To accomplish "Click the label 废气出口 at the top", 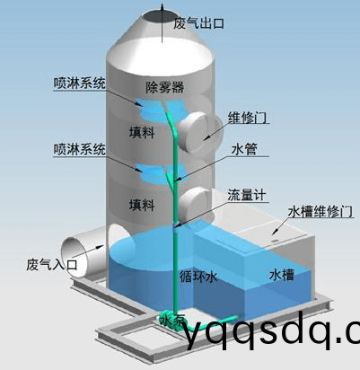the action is pyautogui.click(x=199, y=23).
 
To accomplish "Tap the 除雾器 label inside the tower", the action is pyautogui.click(x=164, y=87).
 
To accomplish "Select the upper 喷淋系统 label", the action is pyautogui.click(x=79, y=83).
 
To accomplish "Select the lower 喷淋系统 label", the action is pyautogui.click(x=79, y=149).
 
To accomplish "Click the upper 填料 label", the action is pyautogui.click(x=142, y=132).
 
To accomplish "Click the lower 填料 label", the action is pyautogui.click(x=142, y=206).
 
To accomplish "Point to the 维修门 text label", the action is pyautogui.click(x=247, y=118).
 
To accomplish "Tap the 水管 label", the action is pyautogui.click(x=244, y=149).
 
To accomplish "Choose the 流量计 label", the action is pyautogui.click(x=247, y=195).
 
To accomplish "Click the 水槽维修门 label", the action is pyautogui.click(x=320, y=212).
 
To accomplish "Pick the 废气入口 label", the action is pyautogui.click(x=52, y=265).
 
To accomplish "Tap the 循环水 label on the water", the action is pyautogui.click(x=198, y=277).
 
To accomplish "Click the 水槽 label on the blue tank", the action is pyautogui.click(x=282, y=275).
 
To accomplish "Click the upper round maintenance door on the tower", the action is pyautogui.click(x=201, y=132).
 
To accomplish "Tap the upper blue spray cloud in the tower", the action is pyautogui.click(x=161, y=110).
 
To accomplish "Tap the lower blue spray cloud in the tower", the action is pyautogui.click(x=161, y=173).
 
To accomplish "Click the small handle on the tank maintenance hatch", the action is pyautogui.click(x=274, y=240).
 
